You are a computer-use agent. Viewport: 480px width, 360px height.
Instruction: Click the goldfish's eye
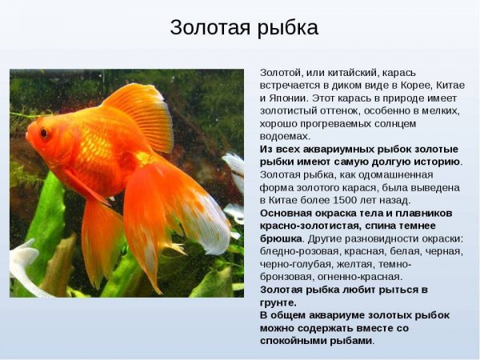43,133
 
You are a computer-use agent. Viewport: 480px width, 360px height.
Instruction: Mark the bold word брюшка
281,238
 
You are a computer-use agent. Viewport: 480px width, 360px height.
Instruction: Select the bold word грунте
278,302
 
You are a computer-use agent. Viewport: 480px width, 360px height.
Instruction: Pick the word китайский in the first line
334,72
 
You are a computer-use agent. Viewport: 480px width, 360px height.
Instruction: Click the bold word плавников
421,213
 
